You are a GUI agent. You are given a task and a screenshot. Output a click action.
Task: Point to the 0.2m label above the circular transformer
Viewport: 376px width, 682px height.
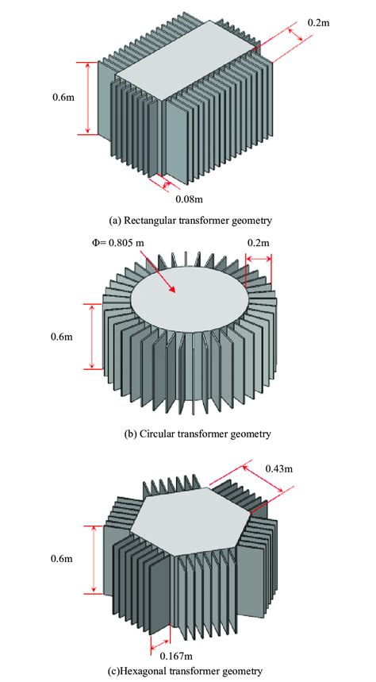[x=259, y=241]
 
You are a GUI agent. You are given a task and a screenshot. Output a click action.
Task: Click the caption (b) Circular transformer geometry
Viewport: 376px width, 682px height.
[x=186, y=433]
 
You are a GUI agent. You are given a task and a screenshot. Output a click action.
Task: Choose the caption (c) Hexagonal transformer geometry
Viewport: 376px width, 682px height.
[x=186, y=672]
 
